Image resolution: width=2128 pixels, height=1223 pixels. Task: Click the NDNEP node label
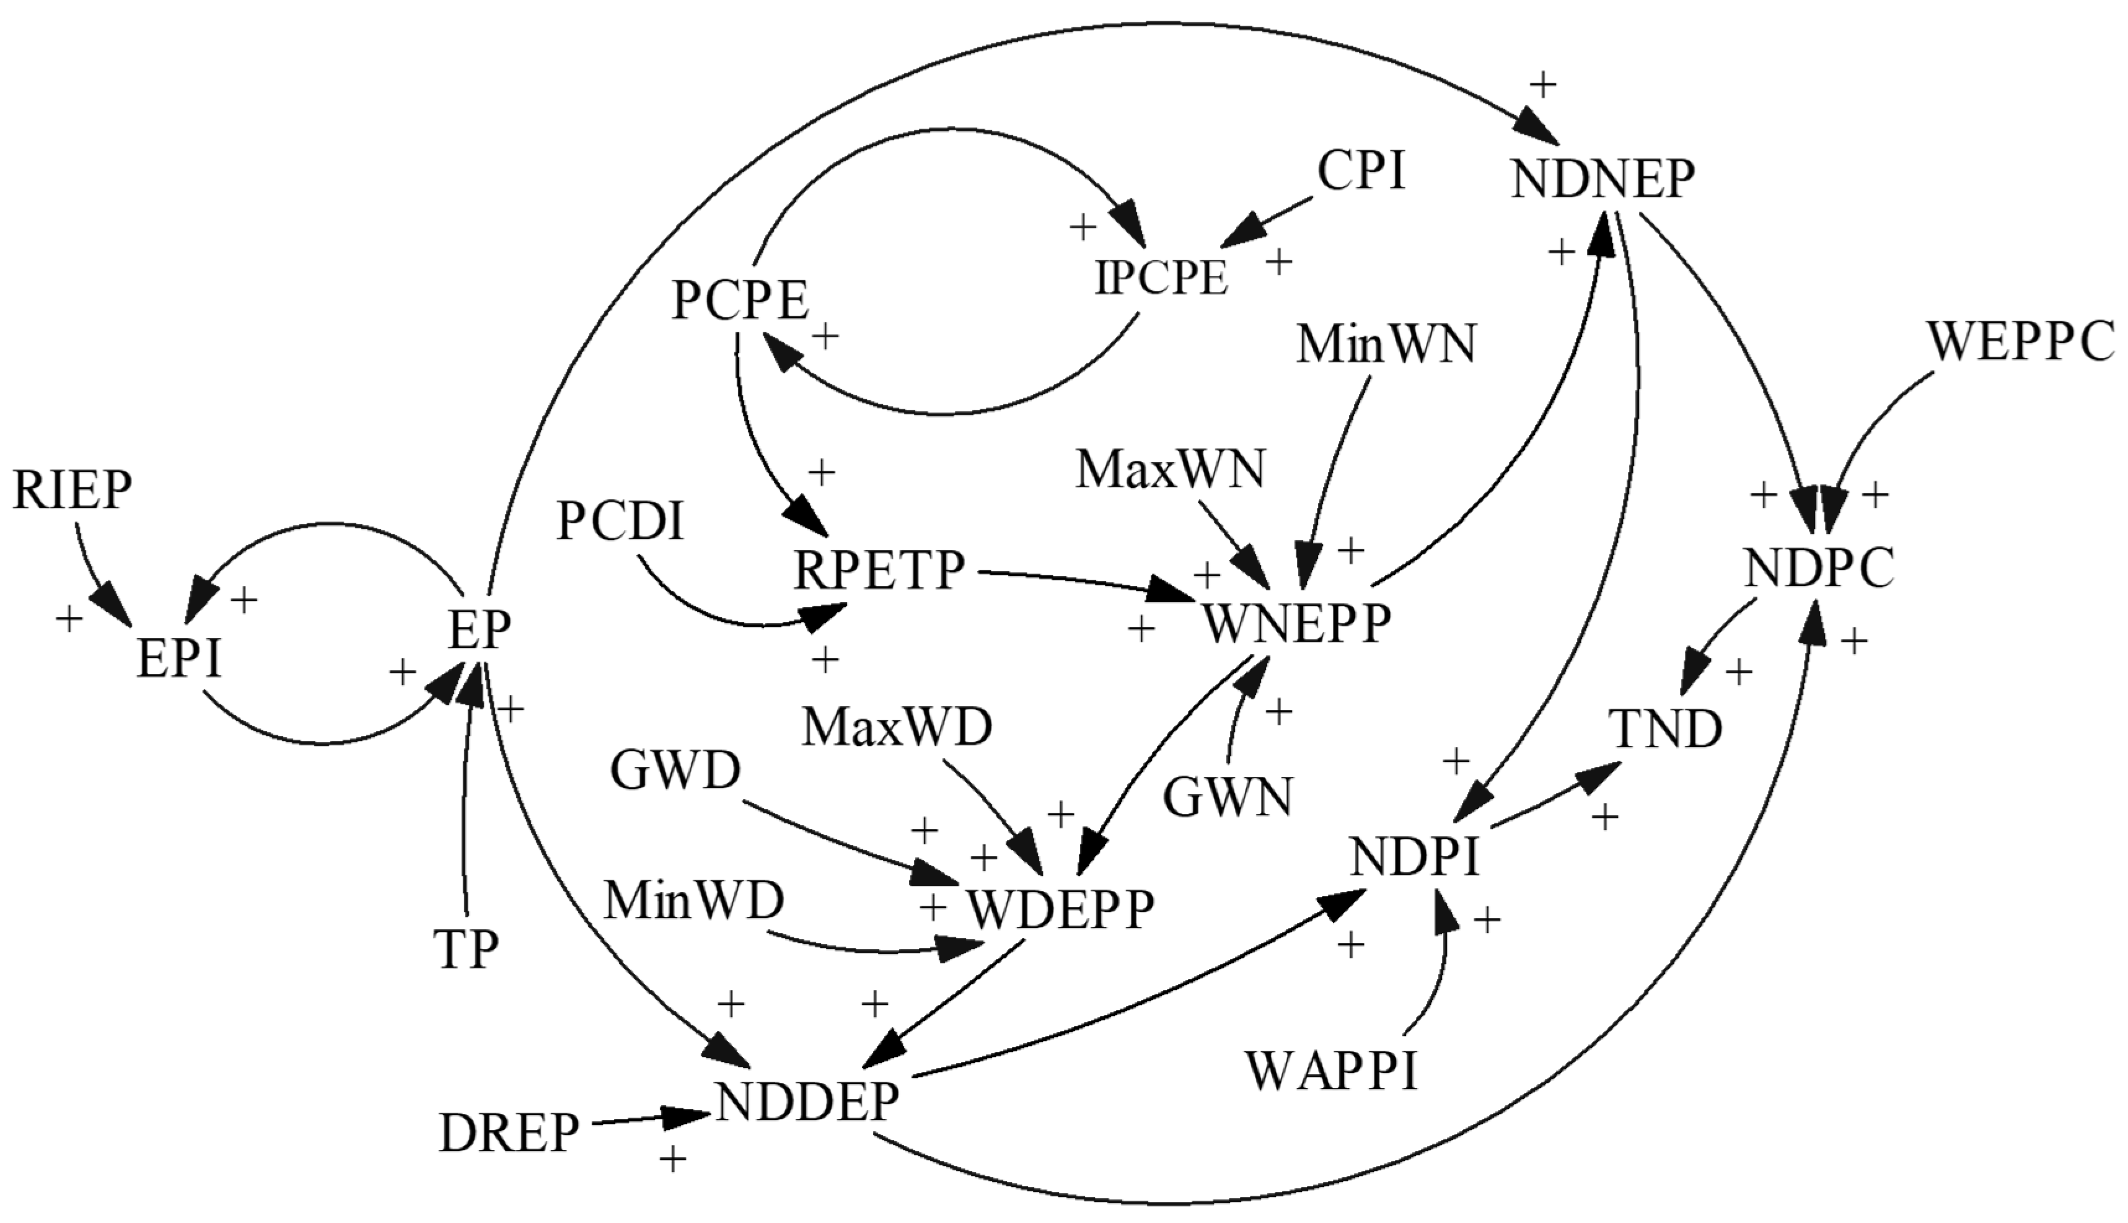[1602, 180]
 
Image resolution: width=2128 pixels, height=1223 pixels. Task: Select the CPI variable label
[1361, 172]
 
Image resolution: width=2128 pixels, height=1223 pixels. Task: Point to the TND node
[1665, 728]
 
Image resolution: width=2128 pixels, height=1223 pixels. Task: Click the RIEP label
[73, 491]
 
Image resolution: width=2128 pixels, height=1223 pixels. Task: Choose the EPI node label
[179, 659]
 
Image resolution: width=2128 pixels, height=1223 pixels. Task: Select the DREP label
[509, 1133]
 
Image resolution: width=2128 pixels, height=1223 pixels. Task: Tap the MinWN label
[1386, 344]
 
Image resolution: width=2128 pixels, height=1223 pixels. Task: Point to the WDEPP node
[1061, 909]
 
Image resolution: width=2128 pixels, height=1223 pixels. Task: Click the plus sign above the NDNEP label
[1543, 83]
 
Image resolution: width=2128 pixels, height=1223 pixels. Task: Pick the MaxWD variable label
[897, 727]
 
